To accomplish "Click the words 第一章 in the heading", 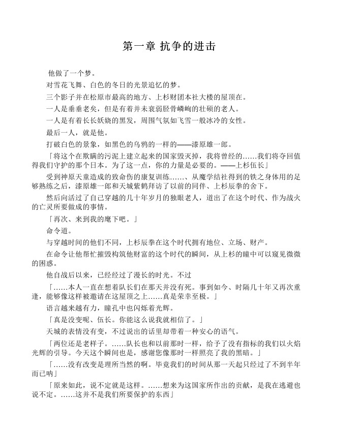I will pyautogui.click(x=138, y=46).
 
